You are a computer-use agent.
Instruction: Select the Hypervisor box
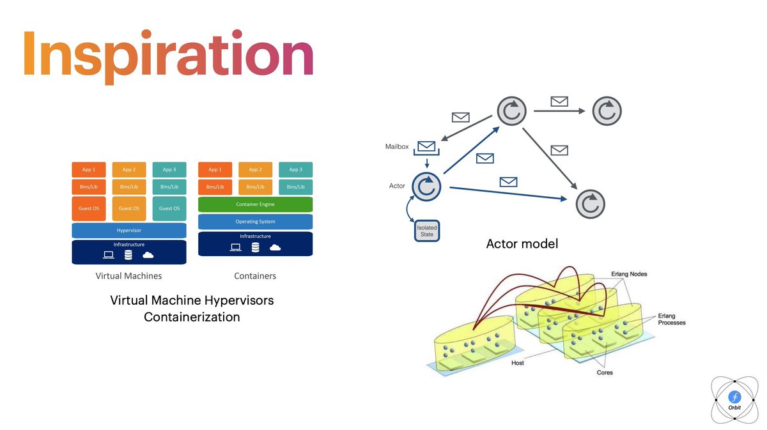(128, 231)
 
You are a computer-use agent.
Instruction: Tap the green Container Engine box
(255, 204)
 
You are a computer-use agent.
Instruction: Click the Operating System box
(255, 222)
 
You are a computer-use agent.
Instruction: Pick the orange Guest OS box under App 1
(88, 208)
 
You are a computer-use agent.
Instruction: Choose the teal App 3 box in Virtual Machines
(169, 169)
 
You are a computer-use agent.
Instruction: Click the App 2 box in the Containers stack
(255, 169)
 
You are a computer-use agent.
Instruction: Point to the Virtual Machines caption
(128, 276)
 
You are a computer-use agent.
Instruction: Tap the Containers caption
(256, 276)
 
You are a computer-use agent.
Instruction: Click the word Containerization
(192, 317)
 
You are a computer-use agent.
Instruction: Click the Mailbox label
(397, 146)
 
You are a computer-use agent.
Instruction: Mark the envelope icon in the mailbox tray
(426, 146)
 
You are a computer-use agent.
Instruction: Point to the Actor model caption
(522, 243)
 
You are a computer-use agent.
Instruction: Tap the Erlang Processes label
(672, 319)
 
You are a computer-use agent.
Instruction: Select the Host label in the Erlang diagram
(518, 363)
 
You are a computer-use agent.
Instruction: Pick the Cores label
(605, 372)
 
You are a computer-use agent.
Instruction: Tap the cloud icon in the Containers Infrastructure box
(275, 247)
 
